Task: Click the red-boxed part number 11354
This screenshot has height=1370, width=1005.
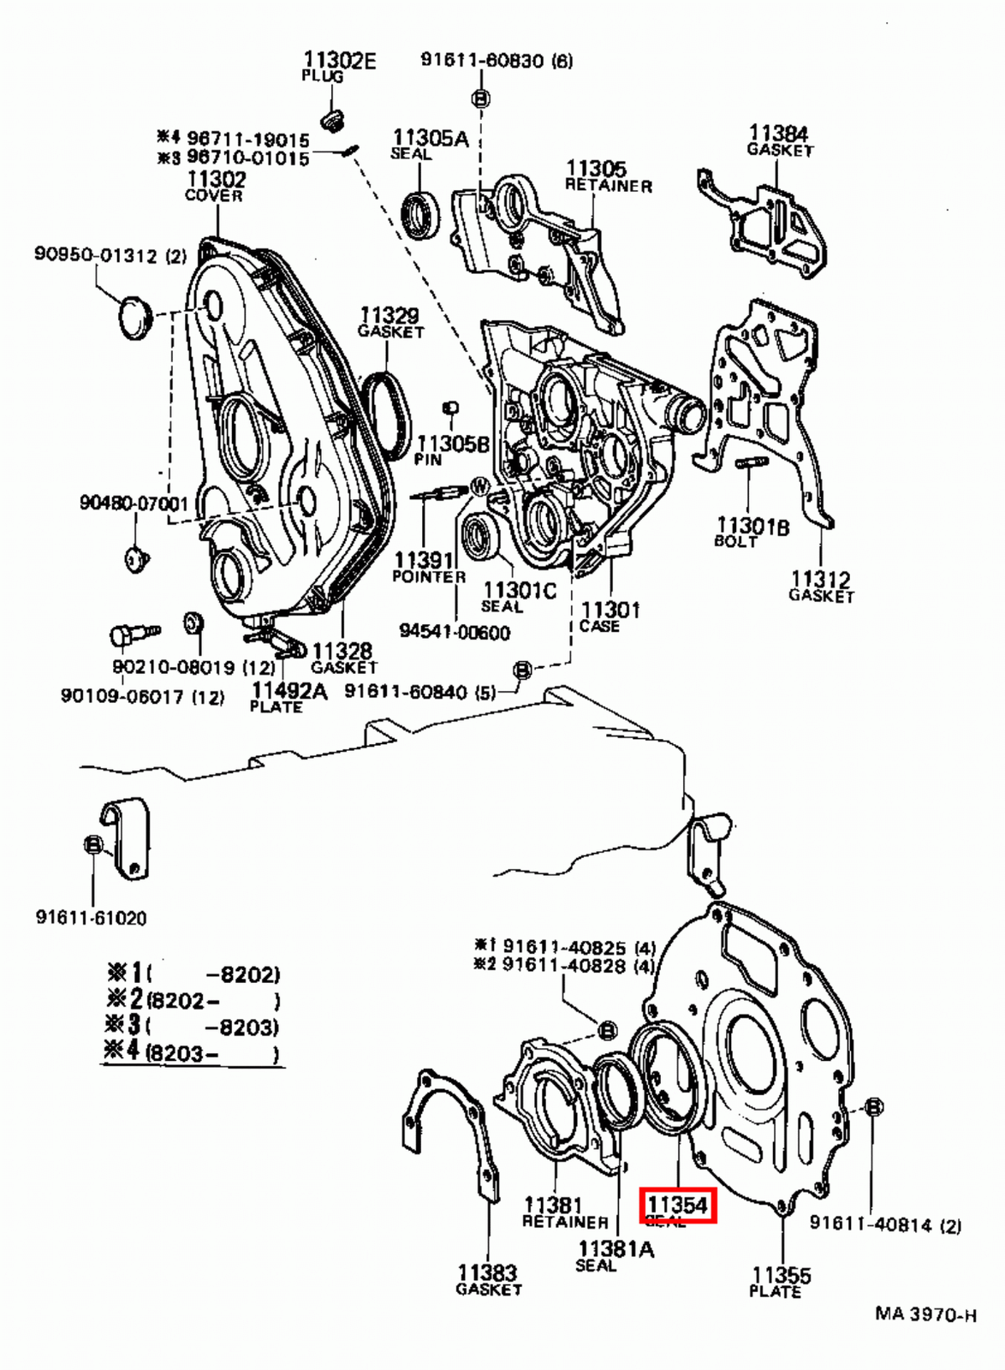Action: [x=678, y=1206]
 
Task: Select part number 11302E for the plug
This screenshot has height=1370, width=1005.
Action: [x=339, y=60]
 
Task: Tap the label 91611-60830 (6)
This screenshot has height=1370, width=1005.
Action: [x=497, y=60]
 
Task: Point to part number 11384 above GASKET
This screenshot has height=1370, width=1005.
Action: [x=778, y=134]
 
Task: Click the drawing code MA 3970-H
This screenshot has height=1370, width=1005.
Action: [x=925, y=1313]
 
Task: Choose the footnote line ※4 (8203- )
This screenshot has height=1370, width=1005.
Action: [x=193, y=1051]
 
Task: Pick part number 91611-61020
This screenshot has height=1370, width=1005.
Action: [x=91, y=917]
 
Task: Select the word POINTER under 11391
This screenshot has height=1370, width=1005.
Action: [x=429, y=577]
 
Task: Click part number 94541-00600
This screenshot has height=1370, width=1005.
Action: [x=455, y=632]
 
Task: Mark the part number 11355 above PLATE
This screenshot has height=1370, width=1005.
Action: [x=781, y=1275]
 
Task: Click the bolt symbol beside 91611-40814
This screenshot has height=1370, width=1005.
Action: [x=873, y=1107]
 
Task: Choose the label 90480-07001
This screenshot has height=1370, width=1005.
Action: [x=134, y=503]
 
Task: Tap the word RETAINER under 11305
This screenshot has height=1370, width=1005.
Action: [x=608, y=186]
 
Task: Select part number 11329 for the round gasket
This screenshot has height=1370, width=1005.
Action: [x=389, y=316]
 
